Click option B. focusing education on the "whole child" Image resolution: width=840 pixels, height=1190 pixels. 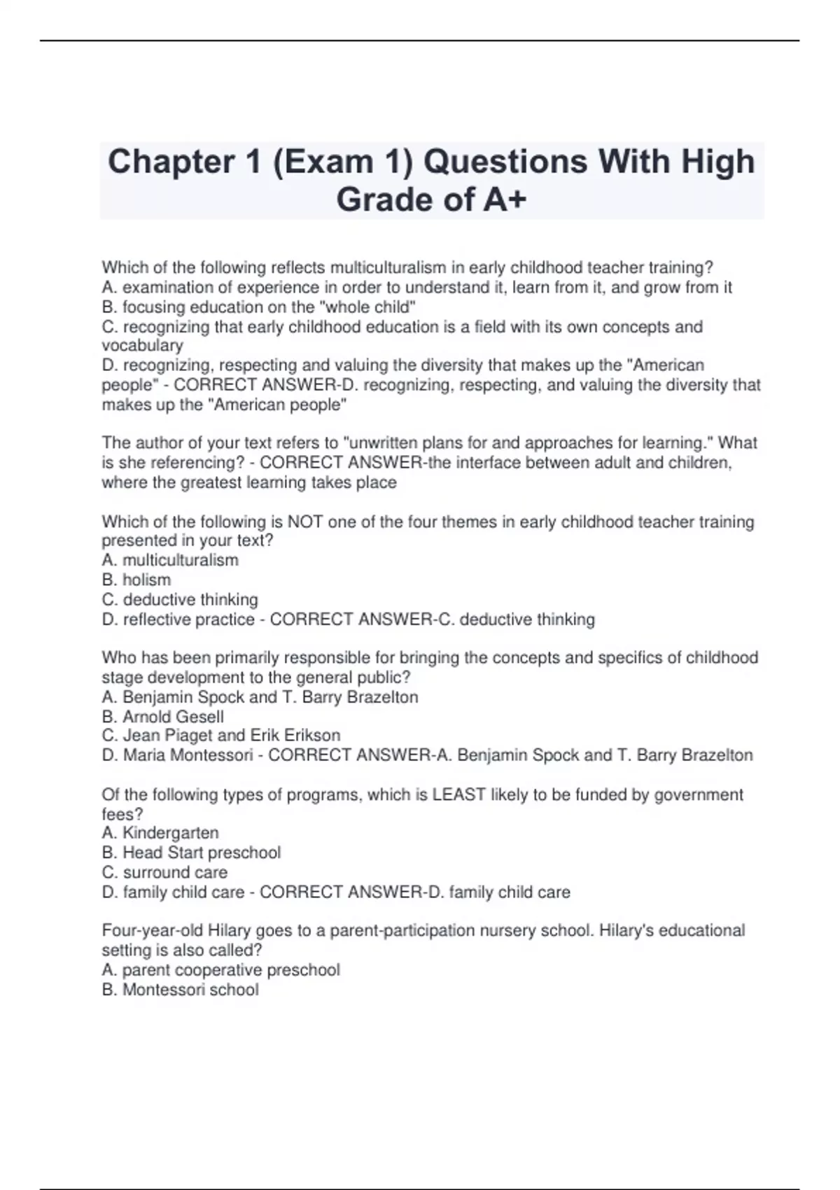[x=258, y=307]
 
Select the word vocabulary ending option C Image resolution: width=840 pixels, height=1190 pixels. [x=142, y=346]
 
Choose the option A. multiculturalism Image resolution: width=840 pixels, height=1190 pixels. [x=170, y=560]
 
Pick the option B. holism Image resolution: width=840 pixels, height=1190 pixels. [x=136, y=580]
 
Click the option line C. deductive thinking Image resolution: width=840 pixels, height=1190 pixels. [x=180, y=600]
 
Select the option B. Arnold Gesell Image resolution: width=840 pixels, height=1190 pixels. [x=163, y=717]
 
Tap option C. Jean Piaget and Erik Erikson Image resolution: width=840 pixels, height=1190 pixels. [x=221, y=736]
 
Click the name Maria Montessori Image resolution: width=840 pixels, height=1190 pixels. [x=188, y=755]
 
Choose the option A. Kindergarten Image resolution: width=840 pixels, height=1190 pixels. [x=160, y=833]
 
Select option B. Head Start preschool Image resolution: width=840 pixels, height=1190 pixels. [x=191, y=853]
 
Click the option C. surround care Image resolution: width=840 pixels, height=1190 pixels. [x=164, y=873]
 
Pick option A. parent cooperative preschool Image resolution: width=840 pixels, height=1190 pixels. [x=220, y=970]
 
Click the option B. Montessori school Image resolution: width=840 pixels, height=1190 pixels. [x=180, y=990]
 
